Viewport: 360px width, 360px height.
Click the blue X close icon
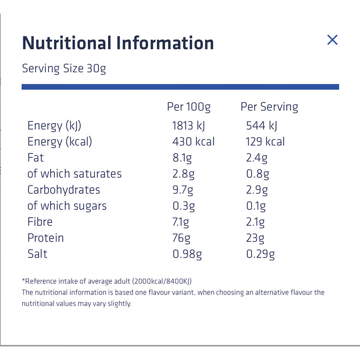click(x=332, y=40)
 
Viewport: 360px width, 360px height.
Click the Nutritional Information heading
click(x=118, y=43)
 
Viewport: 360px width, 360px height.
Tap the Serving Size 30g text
click(x=64, y=69)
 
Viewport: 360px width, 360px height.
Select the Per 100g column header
click(x=189, y=107)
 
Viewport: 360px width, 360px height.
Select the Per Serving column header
click(x=269, y=107)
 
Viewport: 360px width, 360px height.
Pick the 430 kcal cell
click(x=193, y=142)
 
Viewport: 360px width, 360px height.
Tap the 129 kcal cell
click(x=265, y=142)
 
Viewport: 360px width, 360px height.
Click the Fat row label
click(x=36, y=157)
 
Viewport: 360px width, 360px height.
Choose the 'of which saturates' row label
click(x=74, y=174)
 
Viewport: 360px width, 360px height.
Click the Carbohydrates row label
click(x=63, y=189)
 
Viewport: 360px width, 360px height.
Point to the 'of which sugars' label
click(x=67, y=206)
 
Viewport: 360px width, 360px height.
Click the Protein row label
click(x=45, y=238)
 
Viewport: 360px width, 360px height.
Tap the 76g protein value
click(x=182, y=238)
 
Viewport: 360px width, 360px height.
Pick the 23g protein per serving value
click(x=255, y=238)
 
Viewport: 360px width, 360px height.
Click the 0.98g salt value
click(x=187, y=254)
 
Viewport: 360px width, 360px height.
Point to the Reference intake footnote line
click(x=107, y=281)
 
